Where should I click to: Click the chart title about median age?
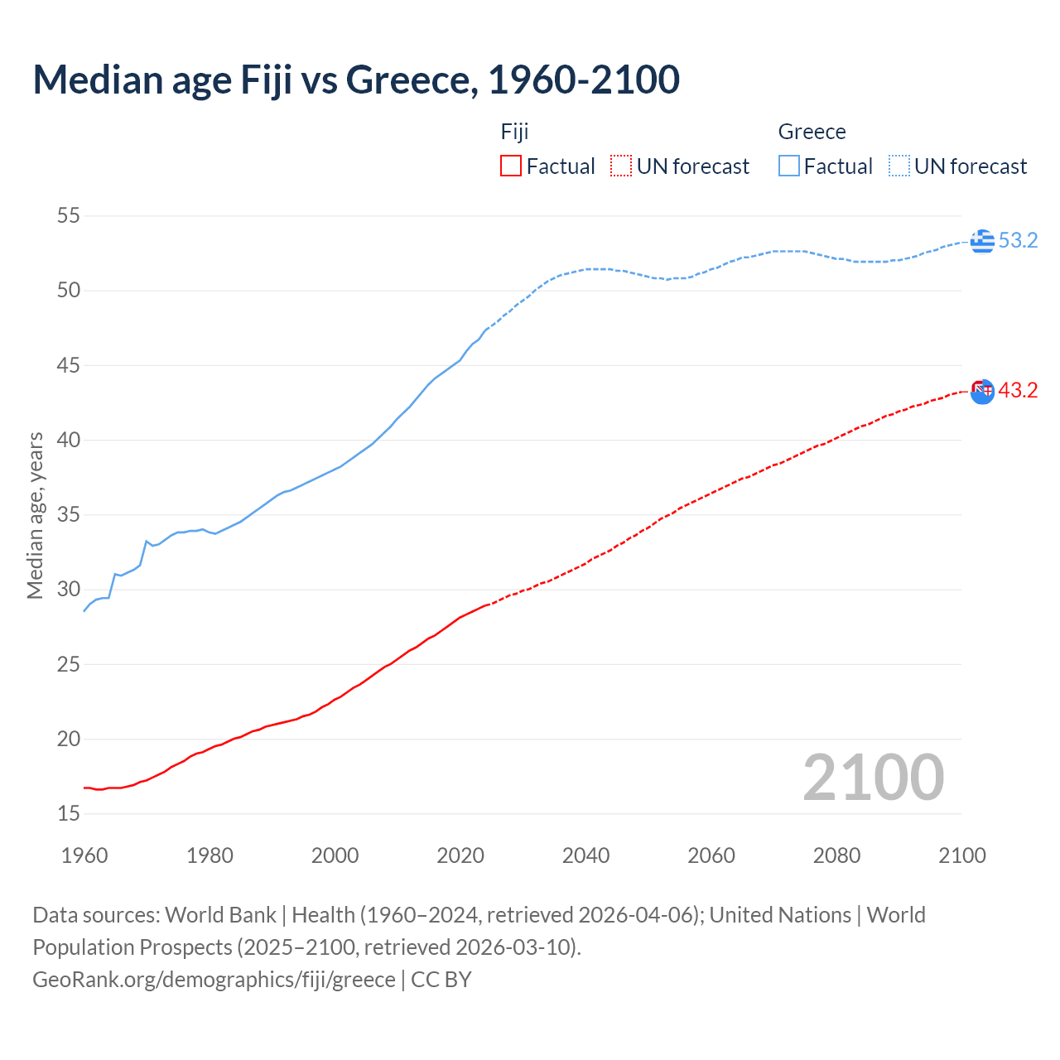356,80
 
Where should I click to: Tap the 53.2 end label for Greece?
1018,241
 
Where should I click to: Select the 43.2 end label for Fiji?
1018,390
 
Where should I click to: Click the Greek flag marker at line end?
982,241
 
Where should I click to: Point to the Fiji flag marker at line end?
982,391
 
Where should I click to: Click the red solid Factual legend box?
511,166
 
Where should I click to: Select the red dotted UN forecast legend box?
621,166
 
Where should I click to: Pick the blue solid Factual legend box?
789,166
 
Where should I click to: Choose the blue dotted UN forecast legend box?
899,166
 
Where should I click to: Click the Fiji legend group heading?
514,132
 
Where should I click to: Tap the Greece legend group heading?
812,132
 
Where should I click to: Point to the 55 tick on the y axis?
69,216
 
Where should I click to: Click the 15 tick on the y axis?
69,814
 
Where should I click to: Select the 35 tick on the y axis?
69,515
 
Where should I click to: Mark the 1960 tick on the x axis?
84,855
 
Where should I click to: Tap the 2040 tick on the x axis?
585,855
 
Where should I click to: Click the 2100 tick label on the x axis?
962,855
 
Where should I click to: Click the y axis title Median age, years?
35,515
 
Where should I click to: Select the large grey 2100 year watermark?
874,778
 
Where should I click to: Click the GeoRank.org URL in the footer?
214,980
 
